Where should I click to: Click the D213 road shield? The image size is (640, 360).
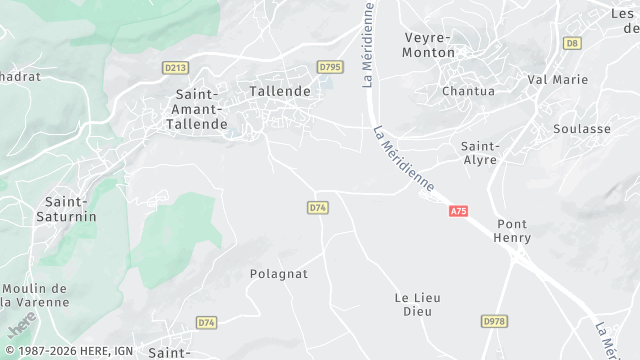[x=175, y=67]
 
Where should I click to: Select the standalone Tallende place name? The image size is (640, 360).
[x=280, y=91]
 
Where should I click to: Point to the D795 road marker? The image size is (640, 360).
[x=329, y=67]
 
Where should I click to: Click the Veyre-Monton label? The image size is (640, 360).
[x=428, y=45]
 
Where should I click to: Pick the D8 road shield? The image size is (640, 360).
[x=572, y=43]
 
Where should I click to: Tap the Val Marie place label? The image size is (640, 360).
[x=558, y=79]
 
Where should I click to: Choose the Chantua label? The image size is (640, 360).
[x=468, y=91]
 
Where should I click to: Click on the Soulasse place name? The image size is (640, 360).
[x=582, y=129]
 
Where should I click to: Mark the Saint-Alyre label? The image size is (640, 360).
[x=480, y=153]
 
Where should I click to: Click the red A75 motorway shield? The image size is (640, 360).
[x=459, y=211]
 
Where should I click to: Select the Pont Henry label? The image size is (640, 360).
[x=512, y=231]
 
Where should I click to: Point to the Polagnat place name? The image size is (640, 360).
[x=278, y=273]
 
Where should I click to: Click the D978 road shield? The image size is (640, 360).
[x=493, y=321]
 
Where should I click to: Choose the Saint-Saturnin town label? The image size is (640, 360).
[x=66, y=209]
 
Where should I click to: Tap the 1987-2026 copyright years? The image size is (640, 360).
[x=51, y=351]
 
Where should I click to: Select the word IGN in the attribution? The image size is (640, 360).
[x=122, y=351]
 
